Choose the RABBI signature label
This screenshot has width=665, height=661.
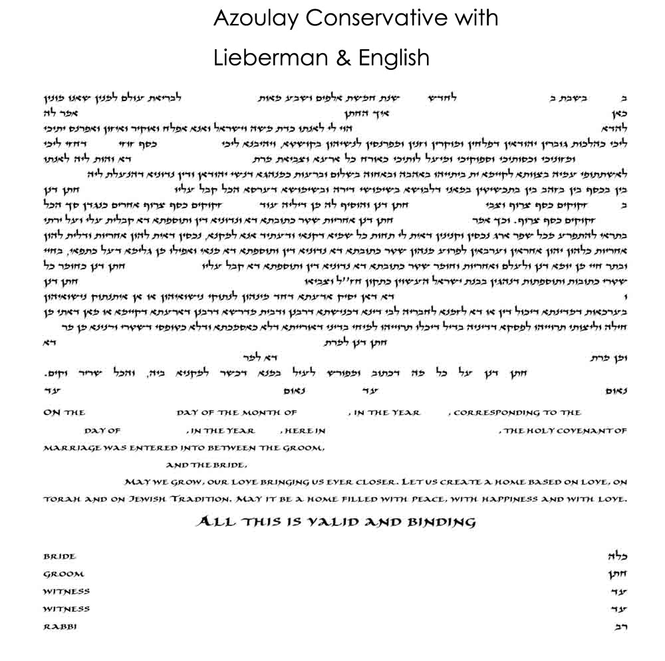click(x=59, y=626)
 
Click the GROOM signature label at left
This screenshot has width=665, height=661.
click(x=63, y=574)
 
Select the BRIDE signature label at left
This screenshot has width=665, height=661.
click(x=59, y=557)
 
